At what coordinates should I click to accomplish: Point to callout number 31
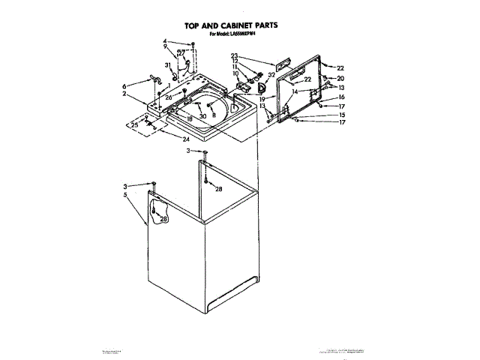coord(168,65)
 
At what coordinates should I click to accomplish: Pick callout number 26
coord(169,97)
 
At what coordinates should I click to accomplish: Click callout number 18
coord(190,119)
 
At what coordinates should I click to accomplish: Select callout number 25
coord(134,125)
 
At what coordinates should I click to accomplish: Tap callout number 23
coord(234,56)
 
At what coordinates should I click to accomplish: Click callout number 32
coord(271,75)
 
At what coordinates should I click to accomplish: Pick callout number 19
coord(262,98)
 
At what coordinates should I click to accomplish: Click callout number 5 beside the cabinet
coord(124,194)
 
